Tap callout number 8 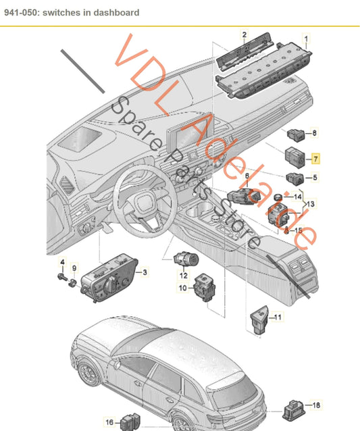(x=314, y=134)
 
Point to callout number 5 (x=314, y=178)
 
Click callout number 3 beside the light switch (x=144, y=272)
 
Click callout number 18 (x=316, y=405)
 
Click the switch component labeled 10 (x=203, y=286)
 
